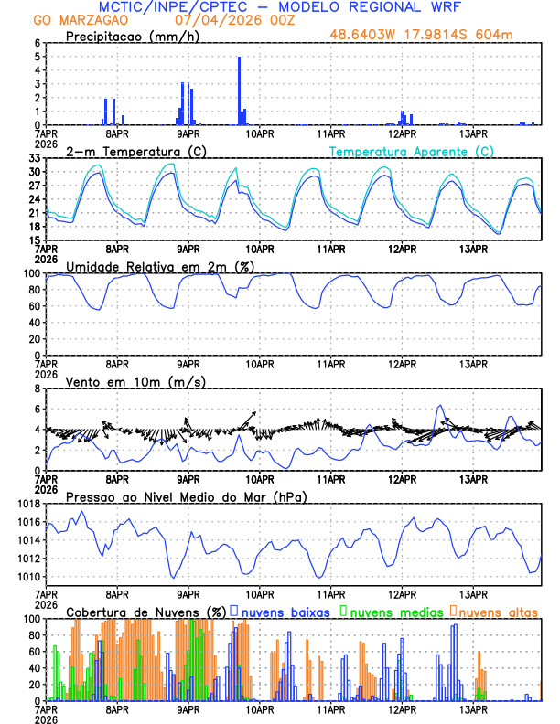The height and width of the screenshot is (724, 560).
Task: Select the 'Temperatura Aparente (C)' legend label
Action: [412, 151]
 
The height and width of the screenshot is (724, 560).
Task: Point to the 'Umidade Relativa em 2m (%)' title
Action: [160, 266]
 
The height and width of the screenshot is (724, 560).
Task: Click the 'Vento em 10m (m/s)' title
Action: [122, 381]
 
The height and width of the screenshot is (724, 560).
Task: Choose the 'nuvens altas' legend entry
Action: [498, 611]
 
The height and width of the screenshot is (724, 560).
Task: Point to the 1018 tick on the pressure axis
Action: [30, 504]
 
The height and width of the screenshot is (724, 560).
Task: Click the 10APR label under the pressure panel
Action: [260, 593]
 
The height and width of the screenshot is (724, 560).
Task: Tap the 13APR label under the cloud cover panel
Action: [474, 708]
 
